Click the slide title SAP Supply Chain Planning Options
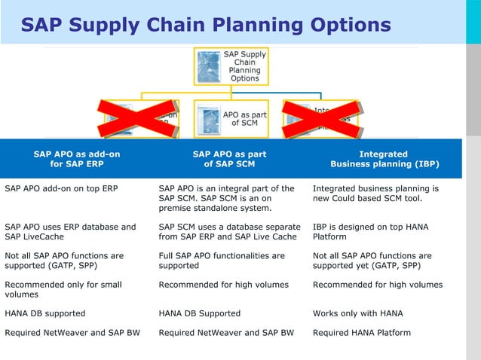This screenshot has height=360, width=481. [205, 25]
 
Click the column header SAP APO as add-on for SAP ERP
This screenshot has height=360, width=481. [76, 159]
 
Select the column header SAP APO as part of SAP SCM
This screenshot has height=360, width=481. [229, 159]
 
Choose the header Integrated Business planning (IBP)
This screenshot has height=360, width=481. [384, 159]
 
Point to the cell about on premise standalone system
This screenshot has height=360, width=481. [227, 197]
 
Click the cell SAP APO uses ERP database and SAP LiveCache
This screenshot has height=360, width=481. [70, 231]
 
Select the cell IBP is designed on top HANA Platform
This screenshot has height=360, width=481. [375, 231]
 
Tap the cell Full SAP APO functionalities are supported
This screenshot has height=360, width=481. [222, 261]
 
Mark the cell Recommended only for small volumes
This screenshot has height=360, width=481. [64, 289]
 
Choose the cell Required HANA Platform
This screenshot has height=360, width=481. [361, 333]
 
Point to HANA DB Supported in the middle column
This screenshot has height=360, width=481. [200, 313]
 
